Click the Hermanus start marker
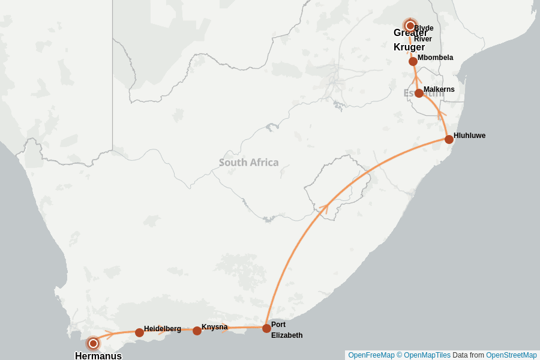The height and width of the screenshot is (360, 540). point(93,343)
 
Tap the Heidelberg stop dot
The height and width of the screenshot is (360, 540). point(139,332)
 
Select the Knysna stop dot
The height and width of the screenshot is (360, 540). point(197,331)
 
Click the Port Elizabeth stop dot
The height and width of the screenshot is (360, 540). point(266,328)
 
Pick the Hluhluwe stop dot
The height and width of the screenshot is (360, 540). point(449,139)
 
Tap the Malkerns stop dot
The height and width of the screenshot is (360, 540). point(419,93)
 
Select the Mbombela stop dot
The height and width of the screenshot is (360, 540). point(413,61)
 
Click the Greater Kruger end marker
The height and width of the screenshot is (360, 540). point(410,26)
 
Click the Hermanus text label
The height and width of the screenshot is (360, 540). point(98,356)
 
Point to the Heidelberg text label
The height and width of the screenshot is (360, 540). point(162,329)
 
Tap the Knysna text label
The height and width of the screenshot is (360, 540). point(215,327)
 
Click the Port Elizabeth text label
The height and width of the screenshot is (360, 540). point(286,330)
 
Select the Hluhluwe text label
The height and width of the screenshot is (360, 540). point(469,136)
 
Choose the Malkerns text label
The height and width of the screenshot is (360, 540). point(439,89)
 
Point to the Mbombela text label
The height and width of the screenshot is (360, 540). point(435,58)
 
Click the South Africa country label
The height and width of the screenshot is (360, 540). point(248,163)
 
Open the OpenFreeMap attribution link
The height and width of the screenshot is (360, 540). point(371,355)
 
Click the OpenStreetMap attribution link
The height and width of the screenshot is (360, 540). point(511,355)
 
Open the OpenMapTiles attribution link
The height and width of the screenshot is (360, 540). point(427,355)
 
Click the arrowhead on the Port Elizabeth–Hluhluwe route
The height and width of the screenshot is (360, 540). point(324,206)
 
